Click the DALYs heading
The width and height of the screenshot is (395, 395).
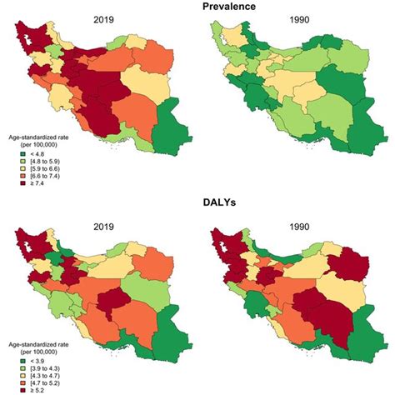(x=197, y=204)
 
